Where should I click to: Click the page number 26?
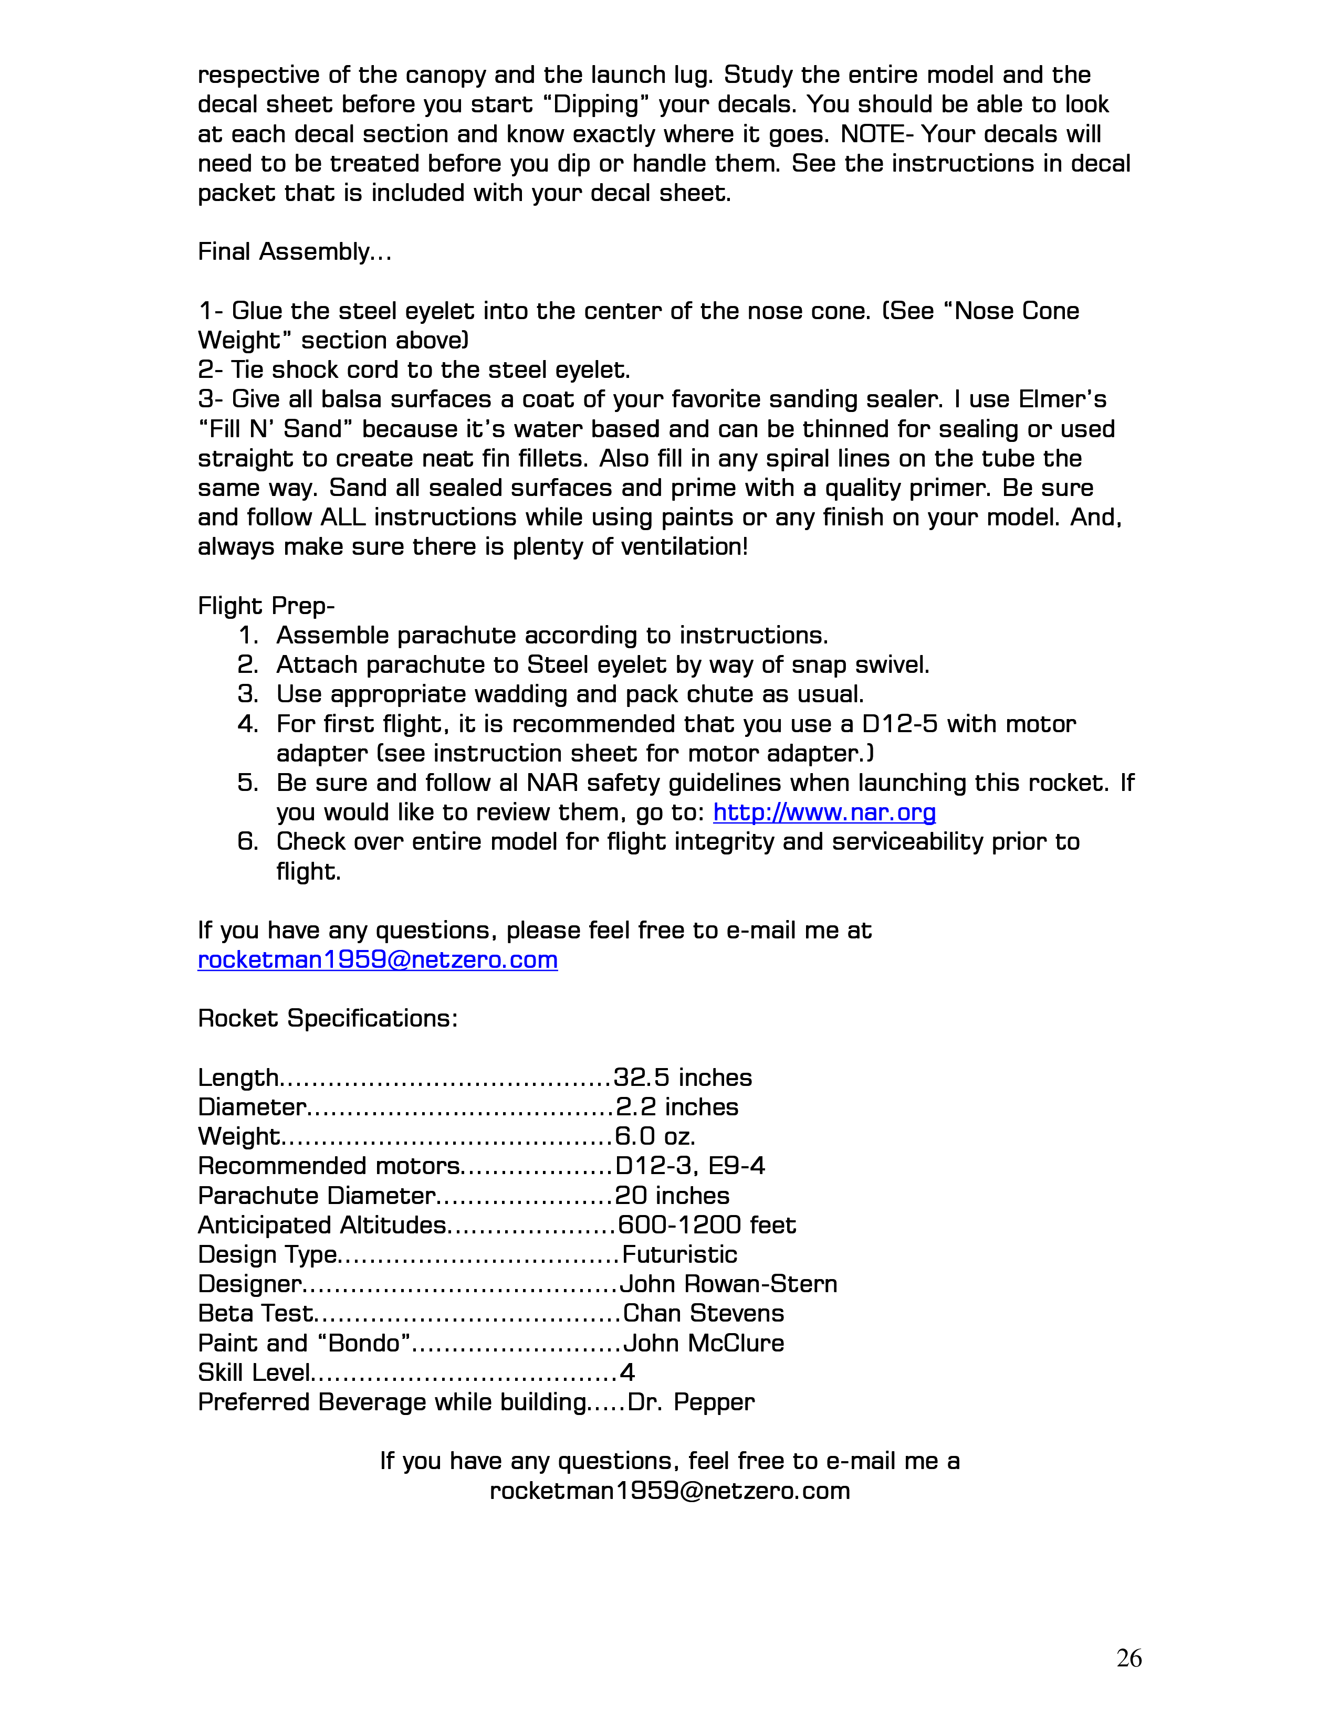tap(1129, 1658)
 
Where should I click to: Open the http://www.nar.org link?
tap(824, 813)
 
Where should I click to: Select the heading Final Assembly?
tap(294, 252)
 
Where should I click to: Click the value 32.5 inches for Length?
tap(682, 1078)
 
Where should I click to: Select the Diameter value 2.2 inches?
tap(677, 1107)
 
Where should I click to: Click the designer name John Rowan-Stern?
tap(728, 1284)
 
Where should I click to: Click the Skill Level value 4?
tap(626, 1373)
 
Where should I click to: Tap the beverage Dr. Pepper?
tap(691, 1402)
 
